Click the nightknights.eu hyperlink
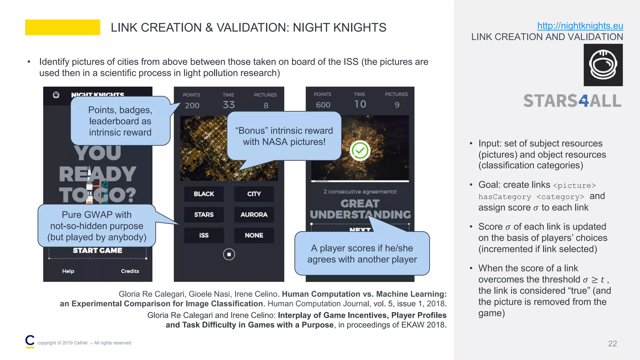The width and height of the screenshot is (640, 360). [580, 26]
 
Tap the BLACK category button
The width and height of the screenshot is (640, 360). [204, 194]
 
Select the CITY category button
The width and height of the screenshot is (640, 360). [254, 194]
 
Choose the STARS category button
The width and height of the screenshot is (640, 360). [204, 215]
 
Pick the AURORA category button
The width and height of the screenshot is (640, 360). [254, 215]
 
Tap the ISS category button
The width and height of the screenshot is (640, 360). [204, 235]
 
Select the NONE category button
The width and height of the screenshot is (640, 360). [254, 235]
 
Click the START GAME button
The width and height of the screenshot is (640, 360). [97, 251]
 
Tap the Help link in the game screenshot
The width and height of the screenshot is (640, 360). [68, 271]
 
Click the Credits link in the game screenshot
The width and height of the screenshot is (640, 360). [130, 271]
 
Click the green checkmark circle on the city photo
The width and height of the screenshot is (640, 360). [360, 151]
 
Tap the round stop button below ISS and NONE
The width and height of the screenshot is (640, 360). [229, 254]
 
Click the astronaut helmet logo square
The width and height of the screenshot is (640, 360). [603, 65]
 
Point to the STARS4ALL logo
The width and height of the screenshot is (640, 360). [572, 101]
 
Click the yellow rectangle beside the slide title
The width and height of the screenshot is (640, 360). [62, 27]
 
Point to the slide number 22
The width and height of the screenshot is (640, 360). [612, 344]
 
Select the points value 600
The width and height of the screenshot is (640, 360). [323, 105]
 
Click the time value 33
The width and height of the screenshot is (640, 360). [229, 105]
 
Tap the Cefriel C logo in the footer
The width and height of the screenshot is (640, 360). [30, 341]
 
